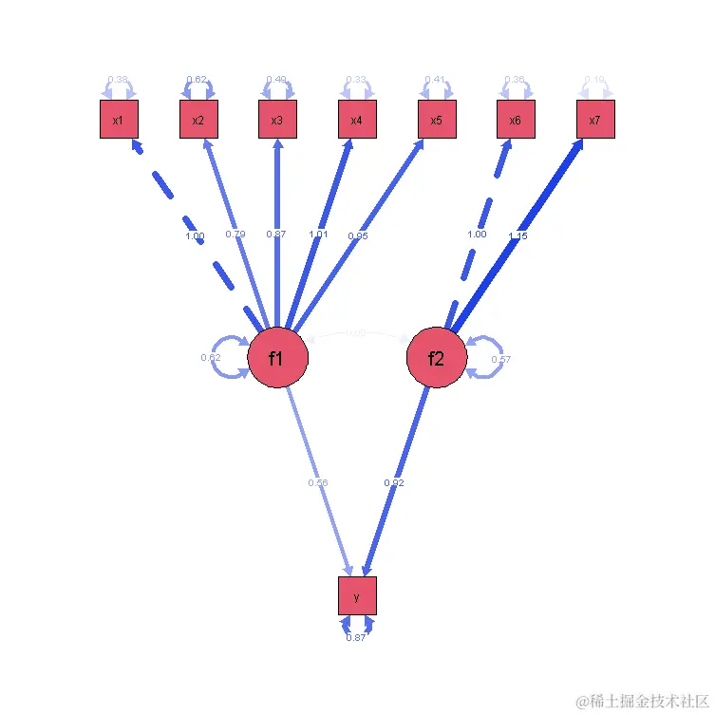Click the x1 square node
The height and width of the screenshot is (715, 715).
coord(119,120)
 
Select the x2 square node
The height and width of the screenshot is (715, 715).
coord(198,120)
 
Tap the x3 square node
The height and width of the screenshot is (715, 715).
coord(277,120)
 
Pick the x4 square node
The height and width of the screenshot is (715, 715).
coord(357,120)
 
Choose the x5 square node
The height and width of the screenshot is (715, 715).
coord(437,120)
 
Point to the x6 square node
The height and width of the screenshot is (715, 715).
coord(516,120)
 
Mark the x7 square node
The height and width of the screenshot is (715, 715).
coord(595,120)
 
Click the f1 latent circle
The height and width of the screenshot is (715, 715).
coord(277,359)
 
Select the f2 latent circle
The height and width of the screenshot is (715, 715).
coord(437,359)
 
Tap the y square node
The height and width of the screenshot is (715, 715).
coord(357,596)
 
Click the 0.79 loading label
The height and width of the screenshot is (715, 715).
coord(236,234)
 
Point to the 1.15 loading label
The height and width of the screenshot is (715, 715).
coord(517,236)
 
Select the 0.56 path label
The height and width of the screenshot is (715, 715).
coord(317,483)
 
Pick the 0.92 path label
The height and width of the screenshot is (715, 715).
coord(395,483)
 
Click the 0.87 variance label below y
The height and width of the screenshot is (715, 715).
coord(356,637)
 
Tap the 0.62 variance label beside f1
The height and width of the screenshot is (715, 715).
coord(211,358)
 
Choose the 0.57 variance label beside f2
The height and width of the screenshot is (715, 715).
coord(502,359)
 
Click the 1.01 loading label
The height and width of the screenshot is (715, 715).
coord(317,234)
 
